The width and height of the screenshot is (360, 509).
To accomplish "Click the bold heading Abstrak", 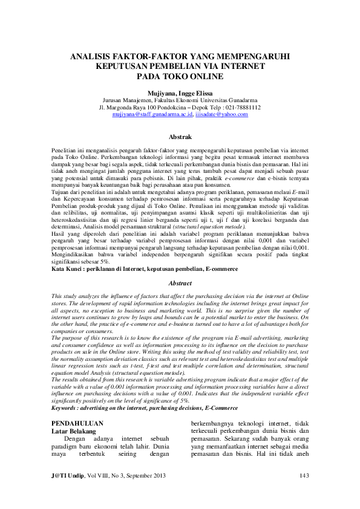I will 179,137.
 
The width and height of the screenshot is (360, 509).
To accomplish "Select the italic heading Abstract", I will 179,282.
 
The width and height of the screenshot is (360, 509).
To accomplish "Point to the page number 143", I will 304,476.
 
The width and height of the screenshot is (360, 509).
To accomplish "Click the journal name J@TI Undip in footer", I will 67,476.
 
